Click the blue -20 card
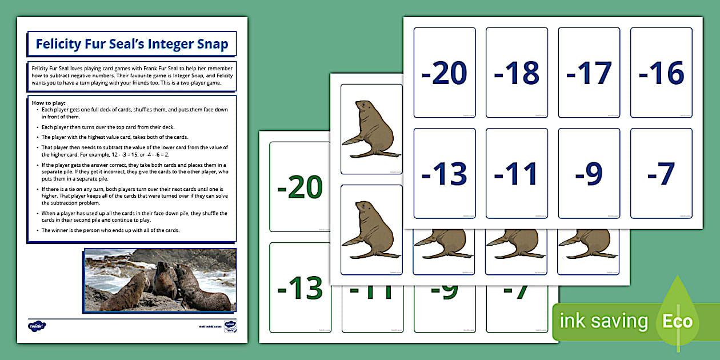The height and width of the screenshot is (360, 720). tap(445, 73)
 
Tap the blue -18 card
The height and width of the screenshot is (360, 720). tap(517, 73)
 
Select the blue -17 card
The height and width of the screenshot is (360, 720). tap(589, 73)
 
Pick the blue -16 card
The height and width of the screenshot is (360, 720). tap(661, 73)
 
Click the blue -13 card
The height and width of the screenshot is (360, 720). tap(445, 173)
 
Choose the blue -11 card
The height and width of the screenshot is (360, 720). tap(517, 173)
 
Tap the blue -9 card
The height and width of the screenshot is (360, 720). tap(589, 173)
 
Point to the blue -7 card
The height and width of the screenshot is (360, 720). tap(661, 173)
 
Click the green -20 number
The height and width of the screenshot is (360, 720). tap(300, 187)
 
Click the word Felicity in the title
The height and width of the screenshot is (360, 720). tap(61, 44)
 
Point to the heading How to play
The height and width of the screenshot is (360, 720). tap(51, 103)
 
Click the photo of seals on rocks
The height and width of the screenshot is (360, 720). tap(160, 279)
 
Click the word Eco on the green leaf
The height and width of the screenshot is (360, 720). tap(677, 321)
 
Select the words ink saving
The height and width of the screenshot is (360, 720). tap(603, 321)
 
